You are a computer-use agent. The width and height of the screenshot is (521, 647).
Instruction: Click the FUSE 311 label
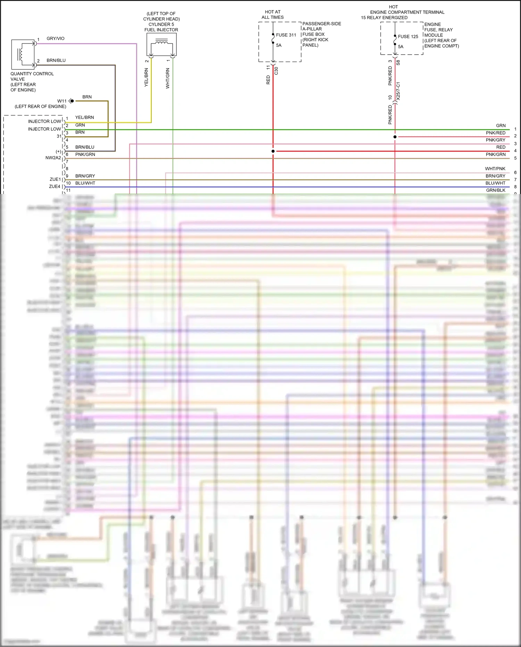pyautogui.click(x=286, y=35)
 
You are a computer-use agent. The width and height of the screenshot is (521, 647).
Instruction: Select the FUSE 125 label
pyautogui.click(x=408, y=37)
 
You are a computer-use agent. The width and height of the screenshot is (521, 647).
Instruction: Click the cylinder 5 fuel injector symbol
pyautogui.click(x=162, y=45)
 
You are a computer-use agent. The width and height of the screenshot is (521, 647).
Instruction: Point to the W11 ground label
pyautogui.click(x=62, y=101)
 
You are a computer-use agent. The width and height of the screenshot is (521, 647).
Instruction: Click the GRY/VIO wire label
pyautogui.click(x=56, y=39)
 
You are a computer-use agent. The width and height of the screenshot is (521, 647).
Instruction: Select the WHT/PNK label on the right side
pyautogui.click(x=495, y=169)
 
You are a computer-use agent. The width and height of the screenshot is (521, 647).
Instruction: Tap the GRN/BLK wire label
pyautogui.click(x=496, y=190)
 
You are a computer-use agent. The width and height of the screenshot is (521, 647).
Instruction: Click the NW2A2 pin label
pyautogui.click(x=53, y=158)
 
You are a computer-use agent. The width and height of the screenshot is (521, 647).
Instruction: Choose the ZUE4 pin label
pyautogui.click(x=55, y=187)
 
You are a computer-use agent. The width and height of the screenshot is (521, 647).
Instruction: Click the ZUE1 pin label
pyautogui.click(x=55, y=179)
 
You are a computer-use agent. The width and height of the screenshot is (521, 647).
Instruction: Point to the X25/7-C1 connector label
pyautogui.click(x=398, y=91)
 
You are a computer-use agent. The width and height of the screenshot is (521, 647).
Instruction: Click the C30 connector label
pyautogui.click(x=276, y=71)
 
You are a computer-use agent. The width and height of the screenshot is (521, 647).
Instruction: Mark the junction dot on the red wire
pyautogui.click(x=273, y=151)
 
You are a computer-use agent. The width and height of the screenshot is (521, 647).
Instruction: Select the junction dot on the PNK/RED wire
pyautogui.click(x=395, y=137)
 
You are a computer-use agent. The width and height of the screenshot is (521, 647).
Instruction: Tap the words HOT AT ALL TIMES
pyautogui.click(x=273, y=15)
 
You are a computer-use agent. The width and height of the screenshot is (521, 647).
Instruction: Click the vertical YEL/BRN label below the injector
pyautogui.click(x=146, y=78)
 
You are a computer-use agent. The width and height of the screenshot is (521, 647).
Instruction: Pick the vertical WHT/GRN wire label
pyautogui.click(x=168, y=78)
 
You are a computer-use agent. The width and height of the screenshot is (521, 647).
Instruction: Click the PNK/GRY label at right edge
pyautogui.click(x=495, y=140)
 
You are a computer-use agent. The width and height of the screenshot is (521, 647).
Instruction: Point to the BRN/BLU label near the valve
pyautogui.click(x=56, y=60)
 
